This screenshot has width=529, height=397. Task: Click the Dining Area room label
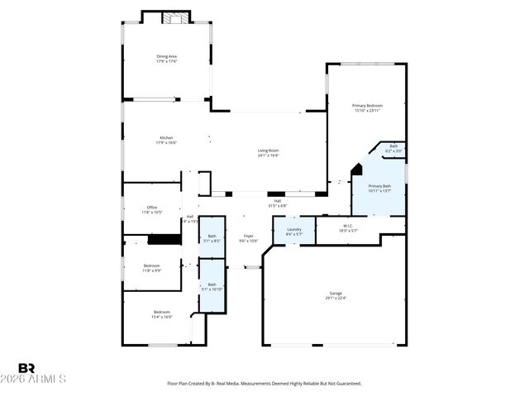click(x=166, y=59)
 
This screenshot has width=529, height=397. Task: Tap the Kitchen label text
click(x=166, y=140)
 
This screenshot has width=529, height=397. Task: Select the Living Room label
click(x=268, y=152)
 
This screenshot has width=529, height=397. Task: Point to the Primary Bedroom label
click(x=368, y=108)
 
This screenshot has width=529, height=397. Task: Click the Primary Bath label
click(x=379, y=189)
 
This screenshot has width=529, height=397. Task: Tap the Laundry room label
click(x=294, y=232)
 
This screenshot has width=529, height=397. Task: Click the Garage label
click(x=336, y=295)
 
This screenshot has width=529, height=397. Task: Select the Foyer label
click(x=248, y=238)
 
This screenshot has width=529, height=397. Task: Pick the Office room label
click(x=151, y=209)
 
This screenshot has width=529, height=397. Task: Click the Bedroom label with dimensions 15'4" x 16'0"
click(x=161, y=314)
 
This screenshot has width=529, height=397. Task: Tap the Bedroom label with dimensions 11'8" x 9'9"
click(x=151, y=268)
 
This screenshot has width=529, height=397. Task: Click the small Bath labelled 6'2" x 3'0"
click(x=393, y=149)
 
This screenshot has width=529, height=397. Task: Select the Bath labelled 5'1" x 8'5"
click(x=212, y=239)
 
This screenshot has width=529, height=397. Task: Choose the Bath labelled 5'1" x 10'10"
click(x=212, y=286)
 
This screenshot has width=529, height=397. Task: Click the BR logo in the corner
click(x=26, y=368)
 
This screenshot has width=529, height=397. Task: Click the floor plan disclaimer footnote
click(x=264, y=384)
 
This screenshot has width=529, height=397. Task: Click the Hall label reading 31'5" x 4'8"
click(x=278, y=203)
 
